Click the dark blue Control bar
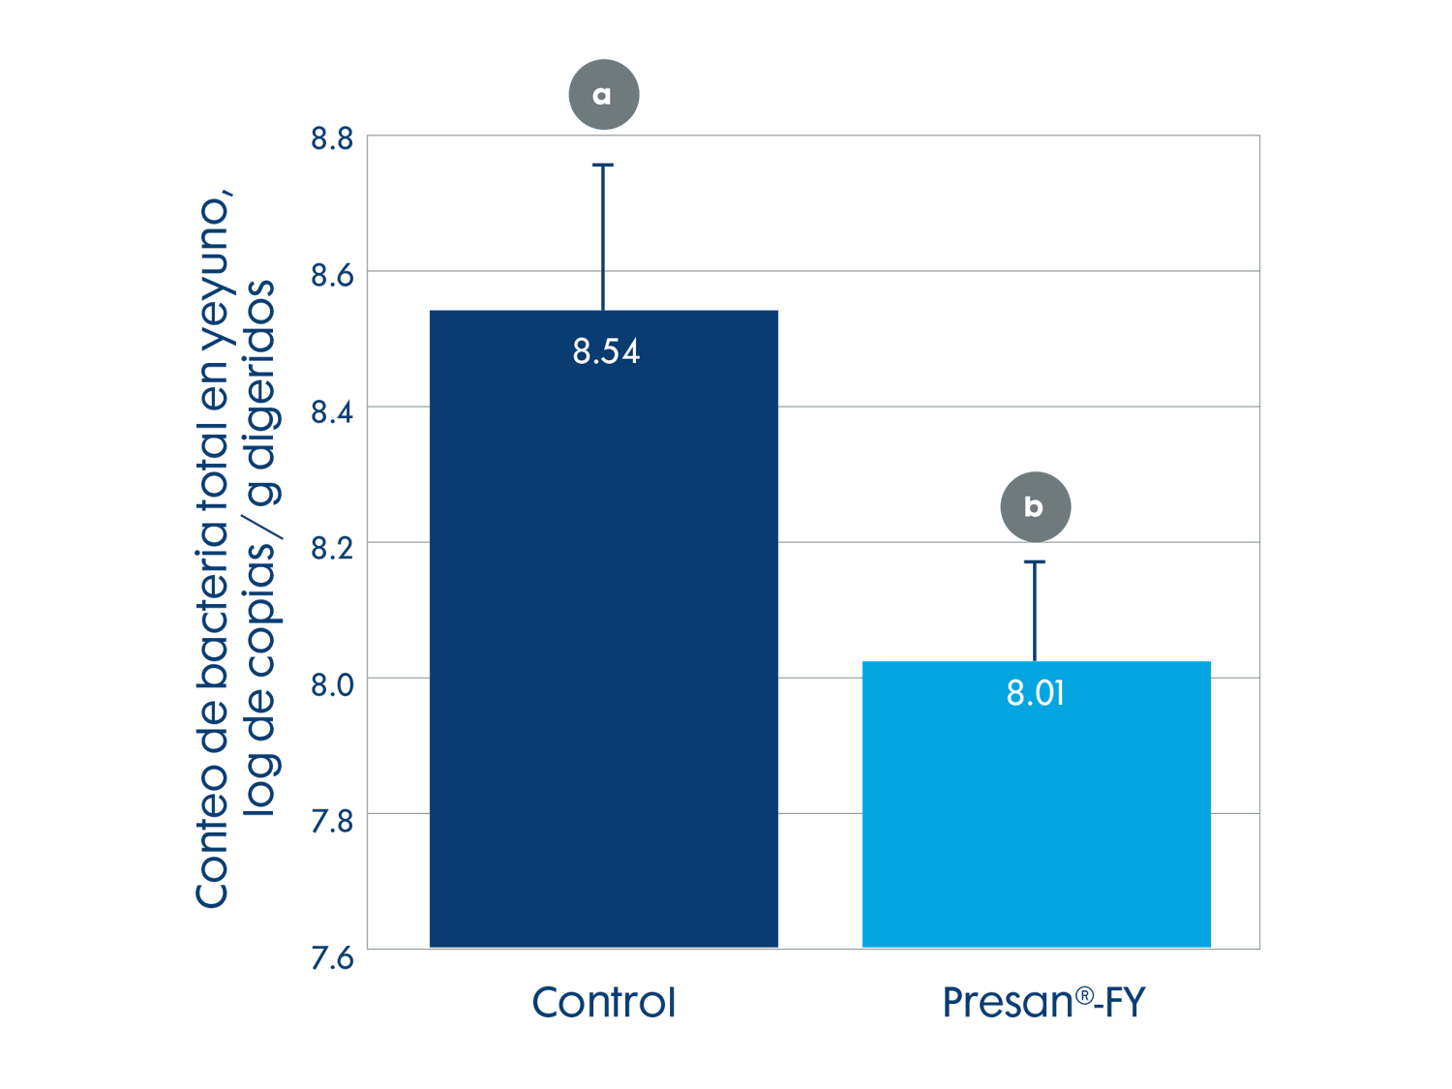(603, 629)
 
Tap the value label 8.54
(606, 351)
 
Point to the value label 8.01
(1036, 693)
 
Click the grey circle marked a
(603, 95)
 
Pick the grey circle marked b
(1035, 506)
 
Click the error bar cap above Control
(603, 166)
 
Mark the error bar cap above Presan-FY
(1035, 561)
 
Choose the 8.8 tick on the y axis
(332, 138)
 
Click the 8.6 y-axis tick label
(332, 276)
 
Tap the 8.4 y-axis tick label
(332, 412)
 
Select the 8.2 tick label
(332, 549)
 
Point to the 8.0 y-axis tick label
(332, 684)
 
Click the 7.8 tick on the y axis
(332, 821)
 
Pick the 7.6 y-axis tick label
(332, 957)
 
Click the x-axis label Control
(603, 1003)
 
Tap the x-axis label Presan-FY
(1044, 1003)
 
